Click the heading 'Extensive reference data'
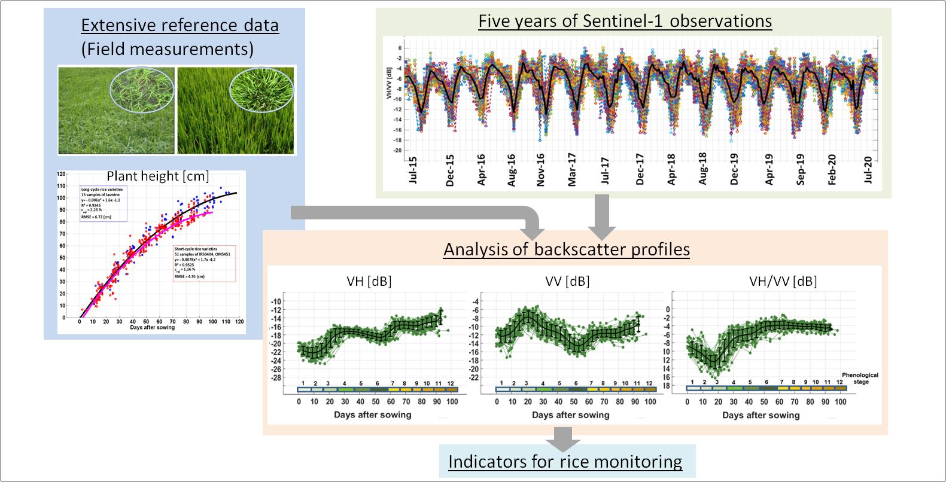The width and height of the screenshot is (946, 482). click(180, 26)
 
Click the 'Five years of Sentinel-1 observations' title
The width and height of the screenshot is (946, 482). click(625, 21)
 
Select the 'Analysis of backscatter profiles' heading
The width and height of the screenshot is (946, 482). click(566, 249)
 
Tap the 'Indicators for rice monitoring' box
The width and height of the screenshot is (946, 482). click(565, 462)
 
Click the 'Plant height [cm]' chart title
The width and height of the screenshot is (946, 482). click(157, 176)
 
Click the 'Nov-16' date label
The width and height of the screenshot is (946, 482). click(541, 170)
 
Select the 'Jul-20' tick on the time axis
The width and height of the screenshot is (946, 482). click(868, 169)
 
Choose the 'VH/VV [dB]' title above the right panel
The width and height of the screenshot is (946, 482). click(783, 281)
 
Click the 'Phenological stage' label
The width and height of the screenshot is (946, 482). click(862, 378)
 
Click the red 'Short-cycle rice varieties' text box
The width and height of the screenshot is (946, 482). click(203, 263)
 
